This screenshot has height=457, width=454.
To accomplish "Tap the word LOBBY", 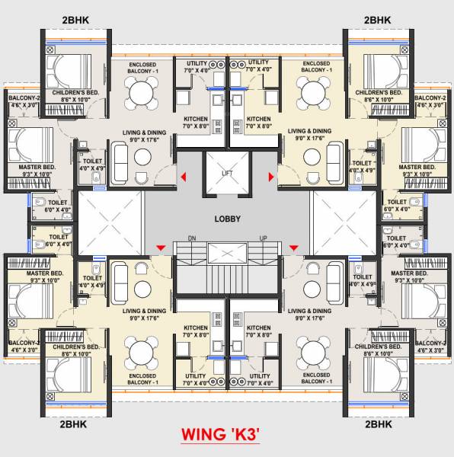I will coord(227,219).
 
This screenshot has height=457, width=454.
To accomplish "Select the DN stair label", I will coord(192,238).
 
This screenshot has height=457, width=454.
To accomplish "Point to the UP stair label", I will coord(262,238).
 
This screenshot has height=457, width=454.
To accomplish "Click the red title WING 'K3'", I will coord(221,435).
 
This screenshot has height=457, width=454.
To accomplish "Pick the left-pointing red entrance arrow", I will coord(183,177).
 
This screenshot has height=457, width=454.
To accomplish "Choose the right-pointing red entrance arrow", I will coord(271,177).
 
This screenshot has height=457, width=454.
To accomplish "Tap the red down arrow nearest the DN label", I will coord(161,247).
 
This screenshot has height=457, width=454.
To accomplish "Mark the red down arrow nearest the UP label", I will coord(293,247).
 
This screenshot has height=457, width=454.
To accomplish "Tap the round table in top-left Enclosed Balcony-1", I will coord(141,94).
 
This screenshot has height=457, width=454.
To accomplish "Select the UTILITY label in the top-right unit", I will coord(259,62).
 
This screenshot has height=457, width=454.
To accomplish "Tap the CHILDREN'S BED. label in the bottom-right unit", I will coord(382,347).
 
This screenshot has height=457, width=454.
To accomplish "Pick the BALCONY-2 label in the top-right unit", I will coord(431,98).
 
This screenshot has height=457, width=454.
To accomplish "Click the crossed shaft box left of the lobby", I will coord(110,219).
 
